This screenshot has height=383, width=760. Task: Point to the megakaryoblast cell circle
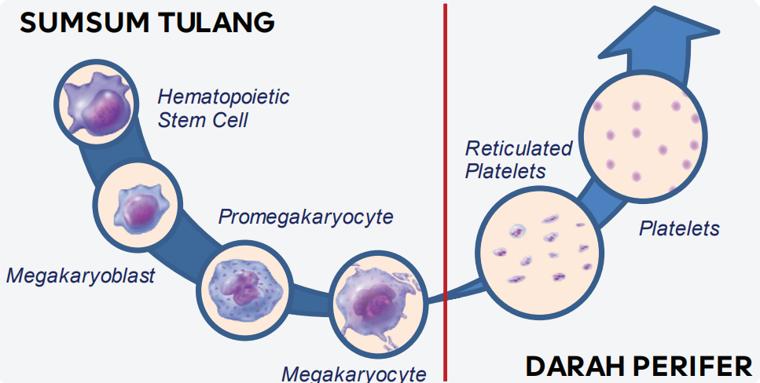coord(138,206)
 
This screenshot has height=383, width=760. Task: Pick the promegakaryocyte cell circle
coord(244,287)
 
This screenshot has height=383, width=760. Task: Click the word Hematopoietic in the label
coord(223,97)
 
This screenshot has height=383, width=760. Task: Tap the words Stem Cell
coord(203,120)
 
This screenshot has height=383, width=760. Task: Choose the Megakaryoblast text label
coord(81,275)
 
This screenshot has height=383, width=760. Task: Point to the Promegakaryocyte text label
coord(305,217)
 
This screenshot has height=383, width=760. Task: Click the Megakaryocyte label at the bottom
coord(354,373)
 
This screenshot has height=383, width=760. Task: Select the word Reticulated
coord(518,148)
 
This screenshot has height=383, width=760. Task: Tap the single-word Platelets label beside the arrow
coord(679,228)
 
